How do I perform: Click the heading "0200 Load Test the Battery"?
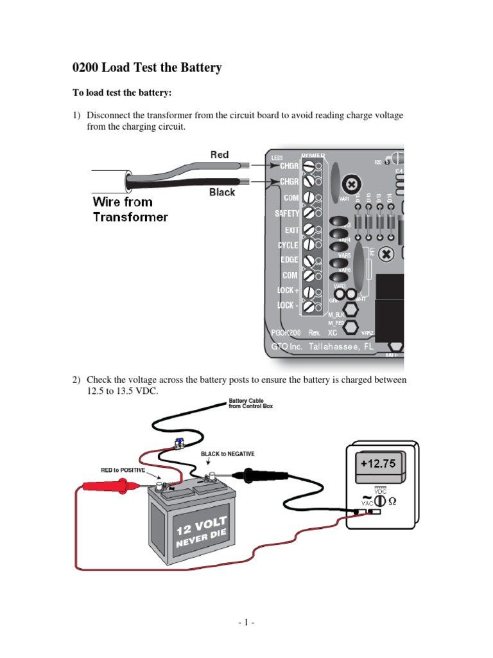tap(147, 67)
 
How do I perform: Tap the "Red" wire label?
tap(220, 155)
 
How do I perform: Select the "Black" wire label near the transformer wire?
tap(222, 192)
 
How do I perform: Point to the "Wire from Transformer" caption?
tap(130, 209)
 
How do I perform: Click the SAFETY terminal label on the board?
tap(287, 213)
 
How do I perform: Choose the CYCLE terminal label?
tap(288, 245)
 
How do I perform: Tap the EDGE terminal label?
tap(289, 260)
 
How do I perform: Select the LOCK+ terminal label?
tap(288, 290)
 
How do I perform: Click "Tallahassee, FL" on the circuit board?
tap(341, 346)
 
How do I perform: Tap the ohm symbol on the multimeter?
tap(394, 501)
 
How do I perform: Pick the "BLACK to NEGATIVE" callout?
tap(227, 454)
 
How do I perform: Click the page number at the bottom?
tap(246, 623)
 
